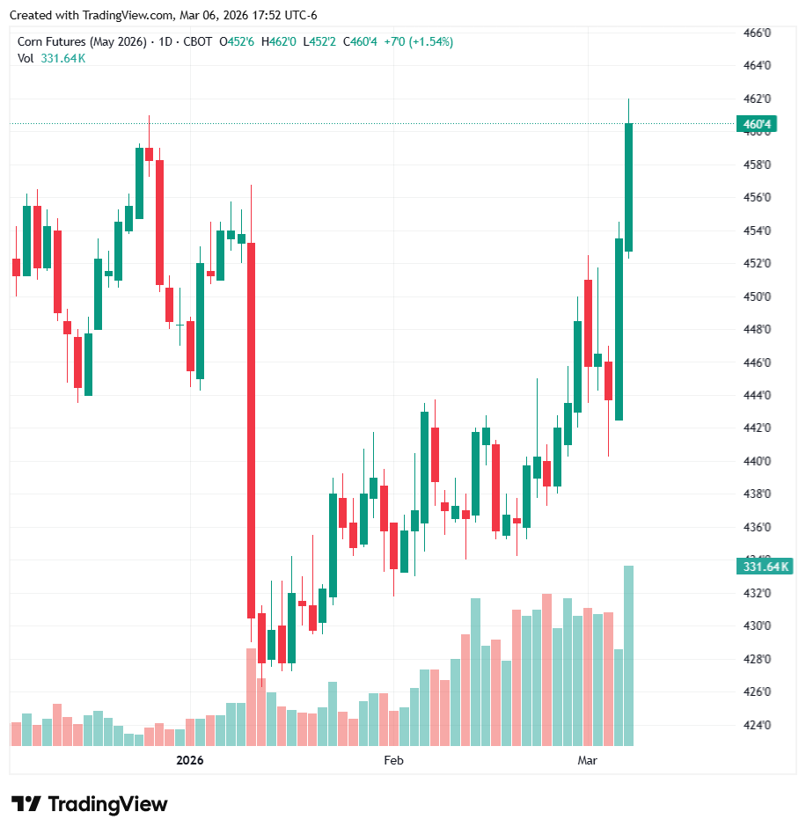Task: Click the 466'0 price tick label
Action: click(758, 33)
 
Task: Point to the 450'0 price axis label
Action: click(758, 296)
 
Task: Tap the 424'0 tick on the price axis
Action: click(758, 726)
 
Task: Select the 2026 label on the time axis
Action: click(189, 760)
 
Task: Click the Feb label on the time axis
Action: click(393, 760)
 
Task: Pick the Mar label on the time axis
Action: click(587, 760)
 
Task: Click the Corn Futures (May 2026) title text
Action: click(81, 41)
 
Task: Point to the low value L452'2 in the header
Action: click(319, 41)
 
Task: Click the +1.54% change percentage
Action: click(430, 41)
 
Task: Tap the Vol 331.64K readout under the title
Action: click(52, 58)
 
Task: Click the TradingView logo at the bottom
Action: click(89, 804)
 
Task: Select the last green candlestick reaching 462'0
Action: click(628, 187)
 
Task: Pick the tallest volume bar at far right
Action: click(628, 655)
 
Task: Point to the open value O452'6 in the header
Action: click(237, 41)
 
